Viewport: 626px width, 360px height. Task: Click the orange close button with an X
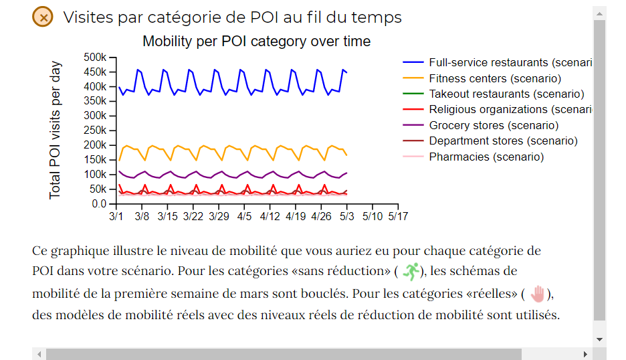[43, 17]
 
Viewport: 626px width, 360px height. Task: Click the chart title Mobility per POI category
[256, 41]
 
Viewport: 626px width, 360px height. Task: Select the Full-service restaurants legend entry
[498, 63]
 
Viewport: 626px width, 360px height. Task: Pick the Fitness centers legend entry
[494, 79]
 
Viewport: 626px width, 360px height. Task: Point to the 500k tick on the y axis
[95, 57]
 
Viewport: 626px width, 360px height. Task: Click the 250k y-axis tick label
[95, 130]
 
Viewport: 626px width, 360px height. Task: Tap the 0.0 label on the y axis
[99, 203]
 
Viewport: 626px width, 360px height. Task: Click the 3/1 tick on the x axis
[116, 217]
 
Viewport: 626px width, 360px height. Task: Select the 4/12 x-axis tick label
[270, 217]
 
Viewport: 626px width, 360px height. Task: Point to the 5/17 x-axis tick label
[398, 217]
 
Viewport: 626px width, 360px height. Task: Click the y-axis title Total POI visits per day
[56, 130]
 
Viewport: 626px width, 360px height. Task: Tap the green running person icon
[410, 271]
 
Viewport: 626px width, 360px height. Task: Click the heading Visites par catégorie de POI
[232, 17]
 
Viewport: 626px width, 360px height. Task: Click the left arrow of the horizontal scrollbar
[39, 354]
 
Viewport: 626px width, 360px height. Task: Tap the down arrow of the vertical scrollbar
[599, 339]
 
